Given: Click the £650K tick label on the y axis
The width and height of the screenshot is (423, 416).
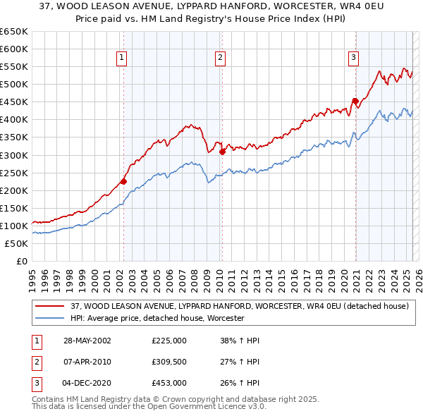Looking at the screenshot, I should [14, 32].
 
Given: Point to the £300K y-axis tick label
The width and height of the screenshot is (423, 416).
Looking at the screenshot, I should [14, 155].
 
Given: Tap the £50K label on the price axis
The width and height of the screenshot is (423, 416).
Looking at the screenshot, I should [17, 243].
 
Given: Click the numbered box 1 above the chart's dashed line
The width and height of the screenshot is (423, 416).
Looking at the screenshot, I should [123, 58].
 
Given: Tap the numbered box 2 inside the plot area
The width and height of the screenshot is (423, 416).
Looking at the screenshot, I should [221, 58].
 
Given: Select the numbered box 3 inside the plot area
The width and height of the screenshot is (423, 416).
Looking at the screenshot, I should [353, 58].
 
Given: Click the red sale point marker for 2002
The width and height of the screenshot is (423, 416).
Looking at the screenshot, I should [123, 181].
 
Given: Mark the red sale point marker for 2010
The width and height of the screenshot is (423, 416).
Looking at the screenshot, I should [222, 151].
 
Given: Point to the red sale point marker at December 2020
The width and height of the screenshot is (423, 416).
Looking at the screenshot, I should [355, 100].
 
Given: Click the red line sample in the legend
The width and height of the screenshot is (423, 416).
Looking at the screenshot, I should [49, 306].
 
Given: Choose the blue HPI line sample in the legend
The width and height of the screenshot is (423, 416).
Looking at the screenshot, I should [49, 319].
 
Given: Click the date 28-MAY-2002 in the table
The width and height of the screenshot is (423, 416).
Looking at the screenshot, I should [87, 341].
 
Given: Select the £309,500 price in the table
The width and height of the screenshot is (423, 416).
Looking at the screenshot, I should [169, 362].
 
